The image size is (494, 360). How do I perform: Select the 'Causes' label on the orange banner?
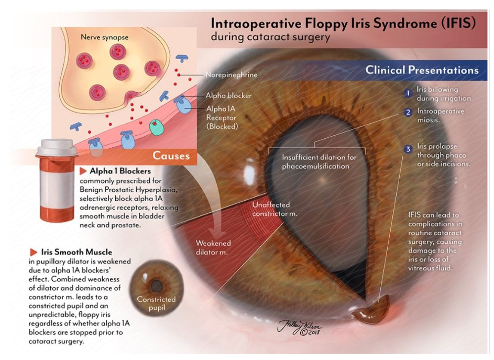[171, 156]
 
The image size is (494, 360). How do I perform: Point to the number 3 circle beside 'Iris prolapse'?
[408, 150]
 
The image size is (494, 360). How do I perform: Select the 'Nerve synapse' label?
[105, 38]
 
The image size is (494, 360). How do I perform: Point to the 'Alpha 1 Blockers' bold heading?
[120, 171]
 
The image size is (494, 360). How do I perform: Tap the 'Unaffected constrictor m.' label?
[275, 209]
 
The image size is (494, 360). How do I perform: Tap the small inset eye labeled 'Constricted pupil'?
[156, 287]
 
